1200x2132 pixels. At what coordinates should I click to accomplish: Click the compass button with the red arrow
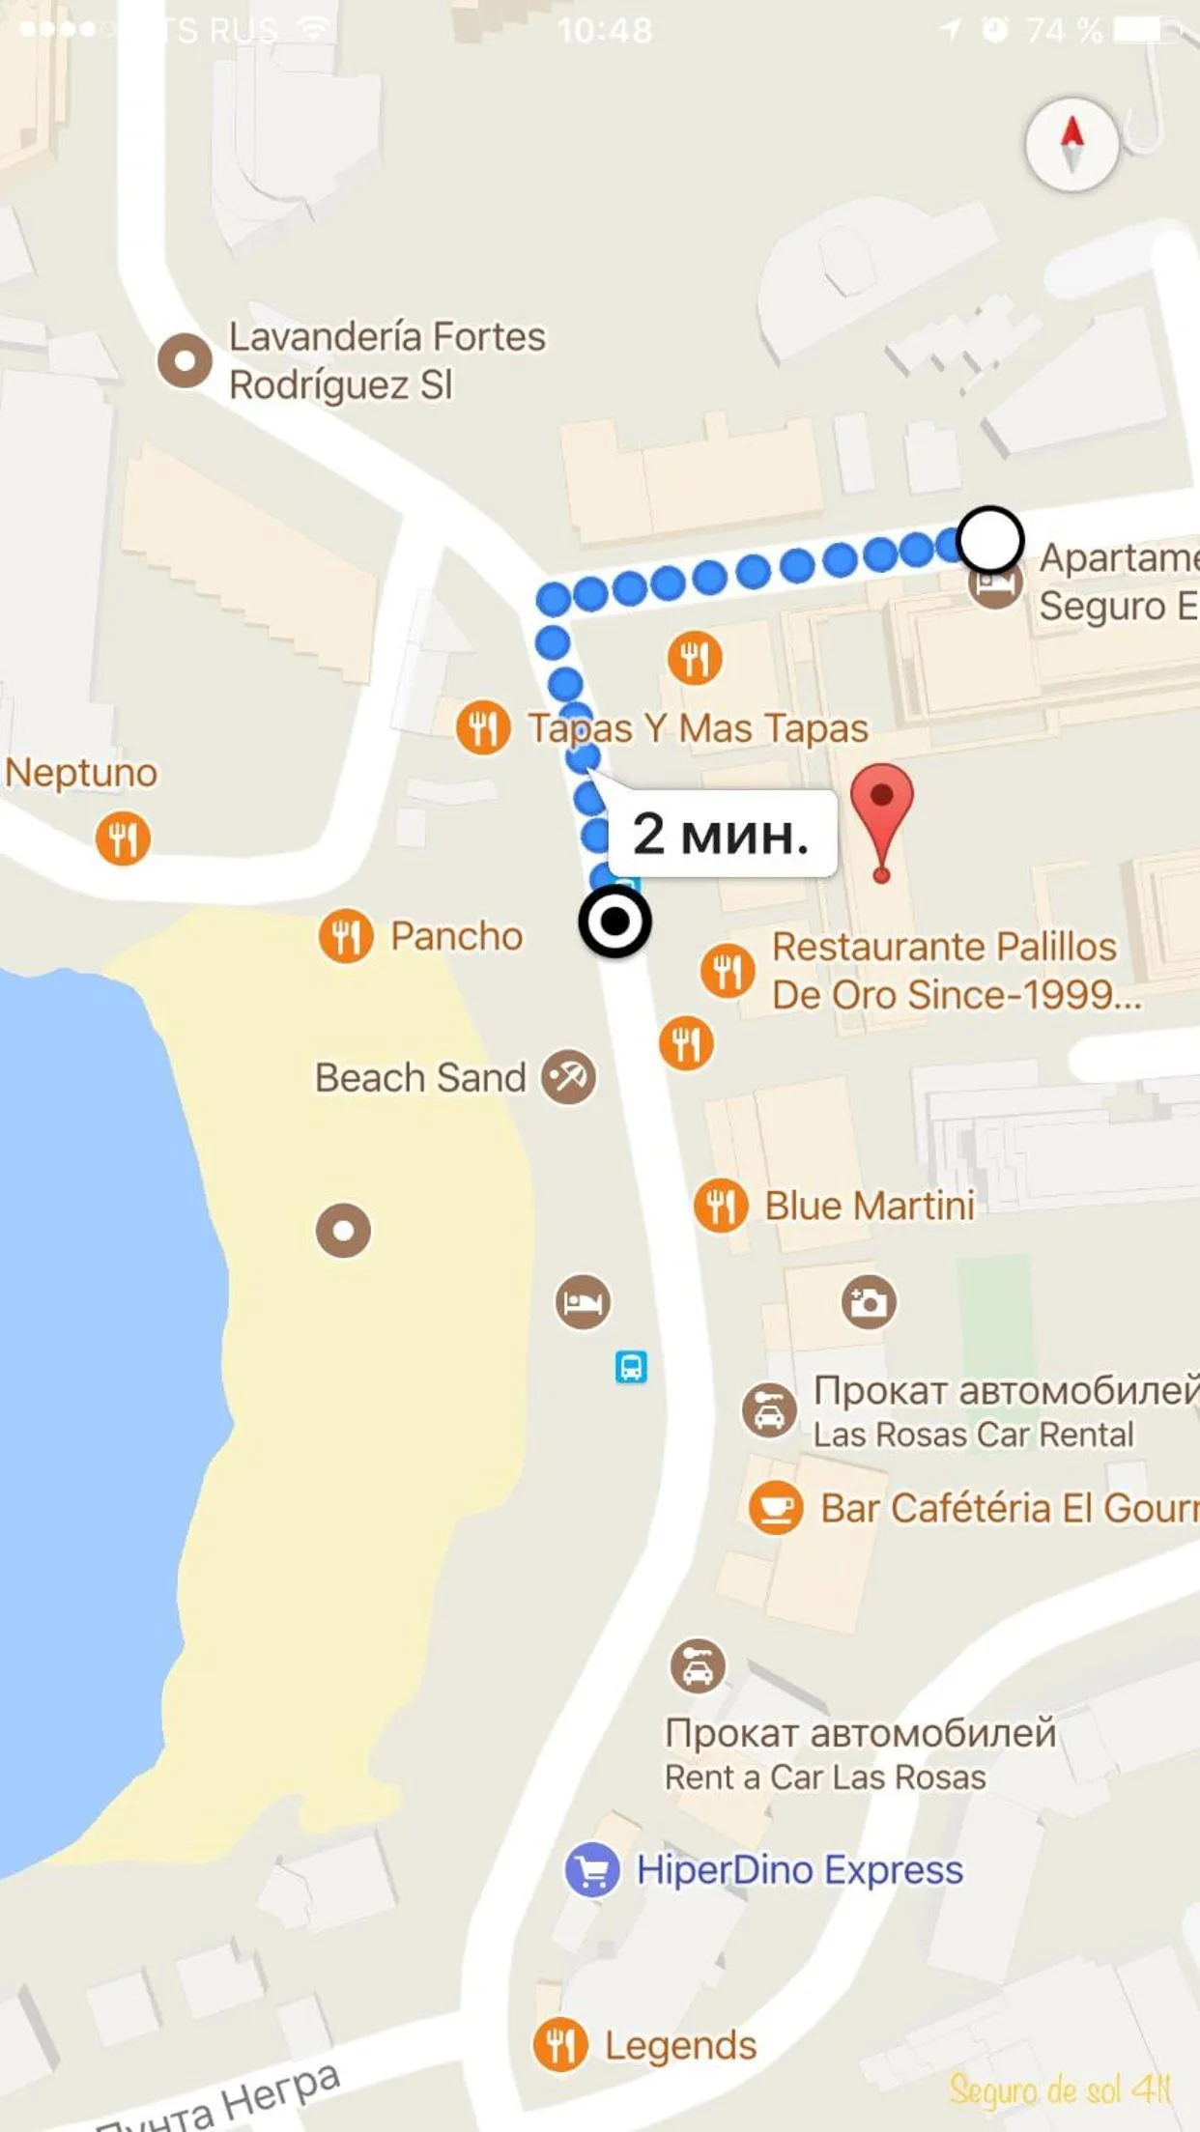[1071, 144]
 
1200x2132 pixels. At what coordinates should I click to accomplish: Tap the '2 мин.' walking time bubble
[722, 834]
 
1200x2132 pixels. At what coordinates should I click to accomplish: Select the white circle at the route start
[989, 540]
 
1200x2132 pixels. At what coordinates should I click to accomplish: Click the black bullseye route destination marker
[614, 923]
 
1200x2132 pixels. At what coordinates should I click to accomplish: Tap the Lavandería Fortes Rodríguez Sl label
[386, 360]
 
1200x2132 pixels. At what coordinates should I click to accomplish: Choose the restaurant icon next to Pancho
[346, 936]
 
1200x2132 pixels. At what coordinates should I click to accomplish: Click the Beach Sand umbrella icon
[568, 1076]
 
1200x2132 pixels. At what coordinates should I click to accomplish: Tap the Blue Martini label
[870, 1206]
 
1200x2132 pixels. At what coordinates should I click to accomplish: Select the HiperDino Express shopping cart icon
[591, 1870]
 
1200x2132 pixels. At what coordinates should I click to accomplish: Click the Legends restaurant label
[680, 2045]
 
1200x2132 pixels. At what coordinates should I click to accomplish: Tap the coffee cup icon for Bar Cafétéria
[776, 1508]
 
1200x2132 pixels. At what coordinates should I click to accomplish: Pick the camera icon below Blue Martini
[869, 1302]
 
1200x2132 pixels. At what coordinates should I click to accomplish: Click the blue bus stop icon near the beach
[631, 1367]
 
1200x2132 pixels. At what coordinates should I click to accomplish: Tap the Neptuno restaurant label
[81, 773]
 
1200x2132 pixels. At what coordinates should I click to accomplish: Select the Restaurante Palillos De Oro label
[955, 971]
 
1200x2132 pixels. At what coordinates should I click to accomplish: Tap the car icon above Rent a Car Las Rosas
[698, 1665]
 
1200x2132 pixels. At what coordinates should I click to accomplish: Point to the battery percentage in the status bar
[1063, 31]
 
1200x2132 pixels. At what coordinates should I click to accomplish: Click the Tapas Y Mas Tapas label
[698, 728]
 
